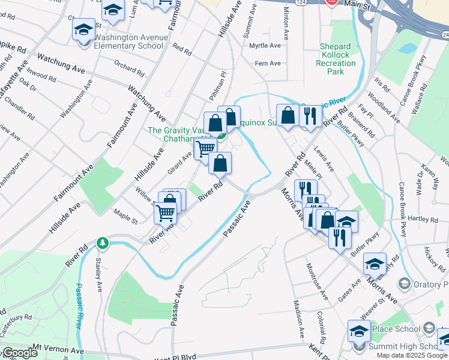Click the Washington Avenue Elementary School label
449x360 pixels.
click(130, 41)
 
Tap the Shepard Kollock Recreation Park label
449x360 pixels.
click(336, 59)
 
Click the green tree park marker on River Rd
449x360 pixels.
click(103, 242)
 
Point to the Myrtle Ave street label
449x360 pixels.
click(265, 46)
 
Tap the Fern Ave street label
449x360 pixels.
click(268, 63)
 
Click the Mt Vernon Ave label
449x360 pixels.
click(58, 349)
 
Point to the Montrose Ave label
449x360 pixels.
click(316, 281)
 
